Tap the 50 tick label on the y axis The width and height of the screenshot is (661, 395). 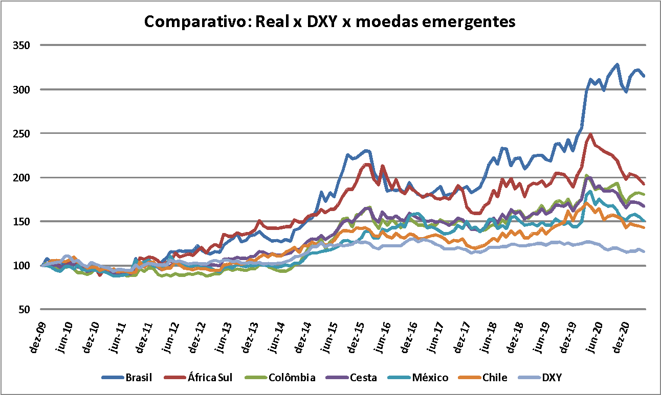[x=24, y=310]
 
